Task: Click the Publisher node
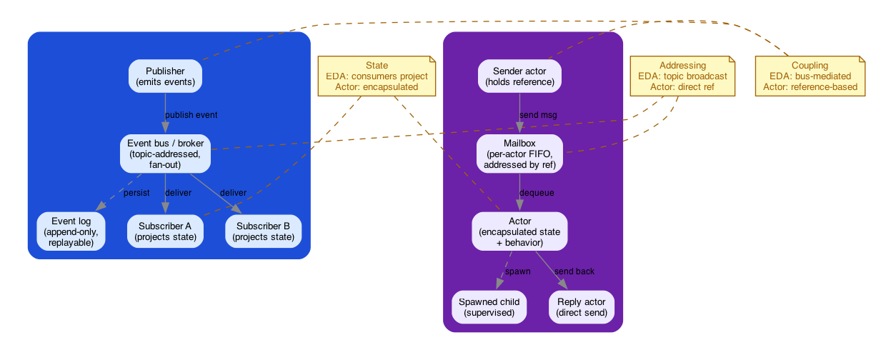tap(165, 76)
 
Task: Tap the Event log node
tap(71, 231)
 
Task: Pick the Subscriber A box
tap(165, 231)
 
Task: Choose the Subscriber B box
tap(263, 231)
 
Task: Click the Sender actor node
tap(519, 76)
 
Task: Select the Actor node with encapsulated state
tap(519, 231)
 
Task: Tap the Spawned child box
tap(489, 307)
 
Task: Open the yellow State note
tap(377, 76)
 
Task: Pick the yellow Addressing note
tap(682, 76)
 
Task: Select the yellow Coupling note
tap(810, 76)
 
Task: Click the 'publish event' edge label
tap(191, 115)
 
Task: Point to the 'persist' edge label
tap(136, 193)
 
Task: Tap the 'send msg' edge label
tap(538, 115)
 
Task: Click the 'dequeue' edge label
tap(537, 193)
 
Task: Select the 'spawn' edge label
tap(517, 271)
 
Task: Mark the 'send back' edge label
tap(574, 271)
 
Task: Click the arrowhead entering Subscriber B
tap(238, 209)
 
